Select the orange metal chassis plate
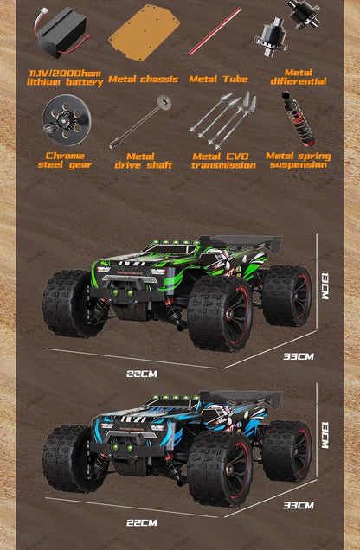click(144, 33)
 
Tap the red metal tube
click(215, 31)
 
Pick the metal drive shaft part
click(138, 122)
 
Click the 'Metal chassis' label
click(144, 80)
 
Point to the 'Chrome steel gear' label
click(64, 160)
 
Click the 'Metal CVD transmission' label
click(224, 160)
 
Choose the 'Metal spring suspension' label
click(298, 160)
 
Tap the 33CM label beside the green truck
click(299, 355)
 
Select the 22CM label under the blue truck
click(141, 522)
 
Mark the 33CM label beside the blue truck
click(299, 504)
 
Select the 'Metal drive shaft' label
click(135, 160)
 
